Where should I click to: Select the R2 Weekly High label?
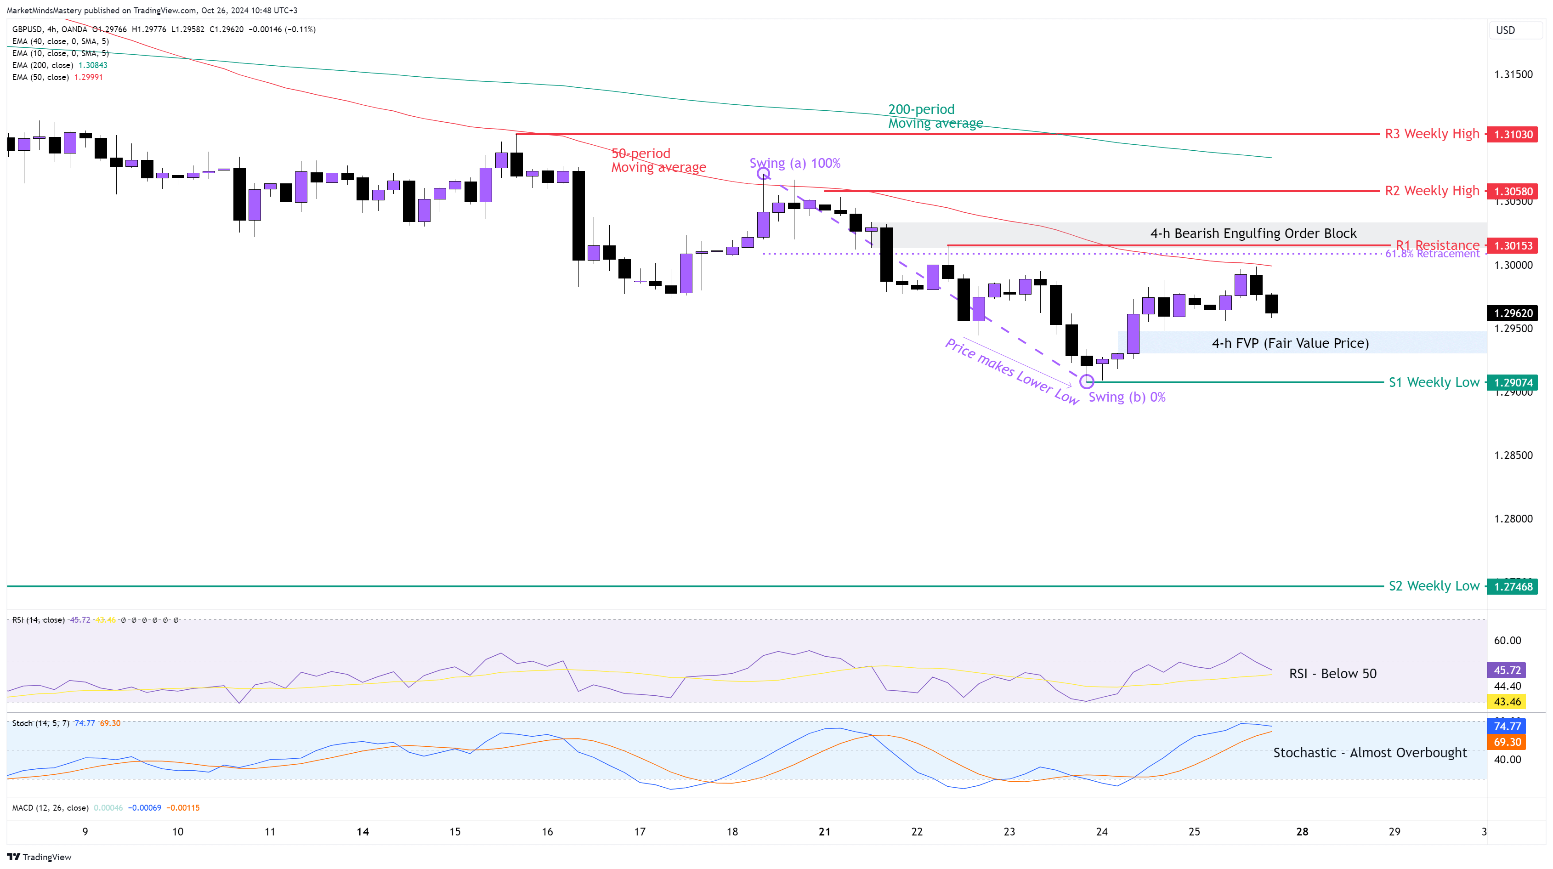coord(1432,191)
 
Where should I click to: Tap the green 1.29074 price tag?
coord(1513,382)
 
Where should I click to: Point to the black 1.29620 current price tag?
coord(1513,313)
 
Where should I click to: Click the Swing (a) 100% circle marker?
coord(763,174)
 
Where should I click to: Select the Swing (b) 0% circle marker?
coord(1086,381)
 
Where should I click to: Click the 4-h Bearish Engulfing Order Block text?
coord(1253,233)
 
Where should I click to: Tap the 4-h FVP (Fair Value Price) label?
coord(1290,343)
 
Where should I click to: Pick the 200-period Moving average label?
coord(935,116)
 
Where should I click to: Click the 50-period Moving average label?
coord(658,160)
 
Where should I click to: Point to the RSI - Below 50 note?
coord(1332,674)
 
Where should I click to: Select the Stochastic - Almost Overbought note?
coord(1370,753)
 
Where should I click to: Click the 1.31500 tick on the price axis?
coord(1513,74)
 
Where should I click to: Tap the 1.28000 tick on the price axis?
coord(1513,519)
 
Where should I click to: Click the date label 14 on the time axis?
coord(363,832)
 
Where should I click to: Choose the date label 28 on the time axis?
coord(1302,832)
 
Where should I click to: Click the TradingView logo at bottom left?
coord(39,857)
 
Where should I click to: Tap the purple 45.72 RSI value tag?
coord(1507,670)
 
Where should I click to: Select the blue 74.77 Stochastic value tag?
coord(1507,726)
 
